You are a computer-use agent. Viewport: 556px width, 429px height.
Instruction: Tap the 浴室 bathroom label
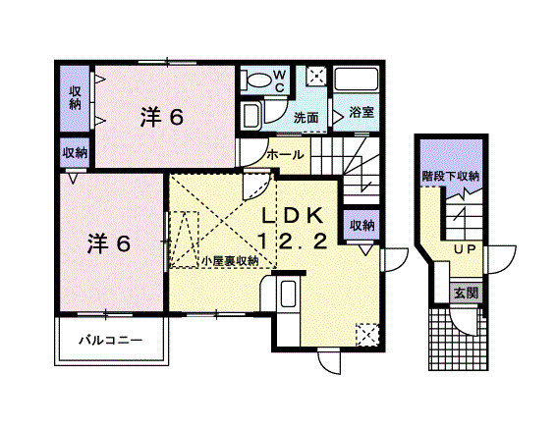361,114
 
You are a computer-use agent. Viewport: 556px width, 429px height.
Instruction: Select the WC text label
279,80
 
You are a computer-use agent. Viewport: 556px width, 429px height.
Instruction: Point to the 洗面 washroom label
306,118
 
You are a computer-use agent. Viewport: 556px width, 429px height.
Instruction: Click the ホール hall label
285,154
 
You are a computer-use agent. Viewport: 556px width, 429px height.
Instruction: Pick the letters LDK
295,216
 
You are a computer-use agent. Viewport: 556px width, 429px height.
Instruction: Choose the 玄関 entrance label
466,292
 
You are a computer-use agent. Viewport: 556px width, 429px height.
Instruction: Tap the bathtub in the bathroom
359,80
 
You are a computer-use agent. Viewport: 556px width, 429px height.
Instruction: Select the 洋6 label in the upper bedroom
161,117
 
